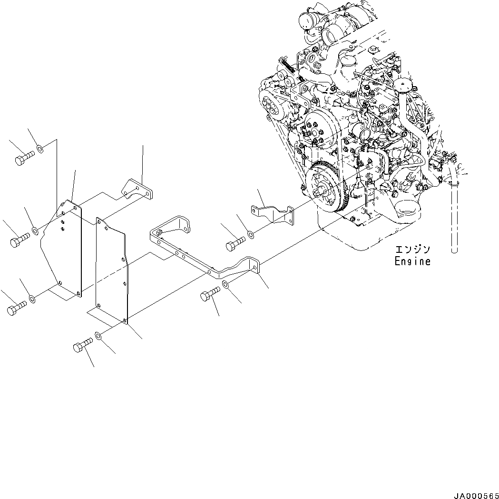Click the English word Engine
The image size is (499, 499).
click(x=412, y=261)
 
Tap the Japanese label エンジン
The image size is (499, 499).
click(x=412, y=249)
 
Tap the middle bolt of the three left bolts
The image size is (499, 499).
click(x=20, y=240)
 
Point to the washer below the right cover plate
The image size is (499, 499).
click(x=98, y=337)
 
